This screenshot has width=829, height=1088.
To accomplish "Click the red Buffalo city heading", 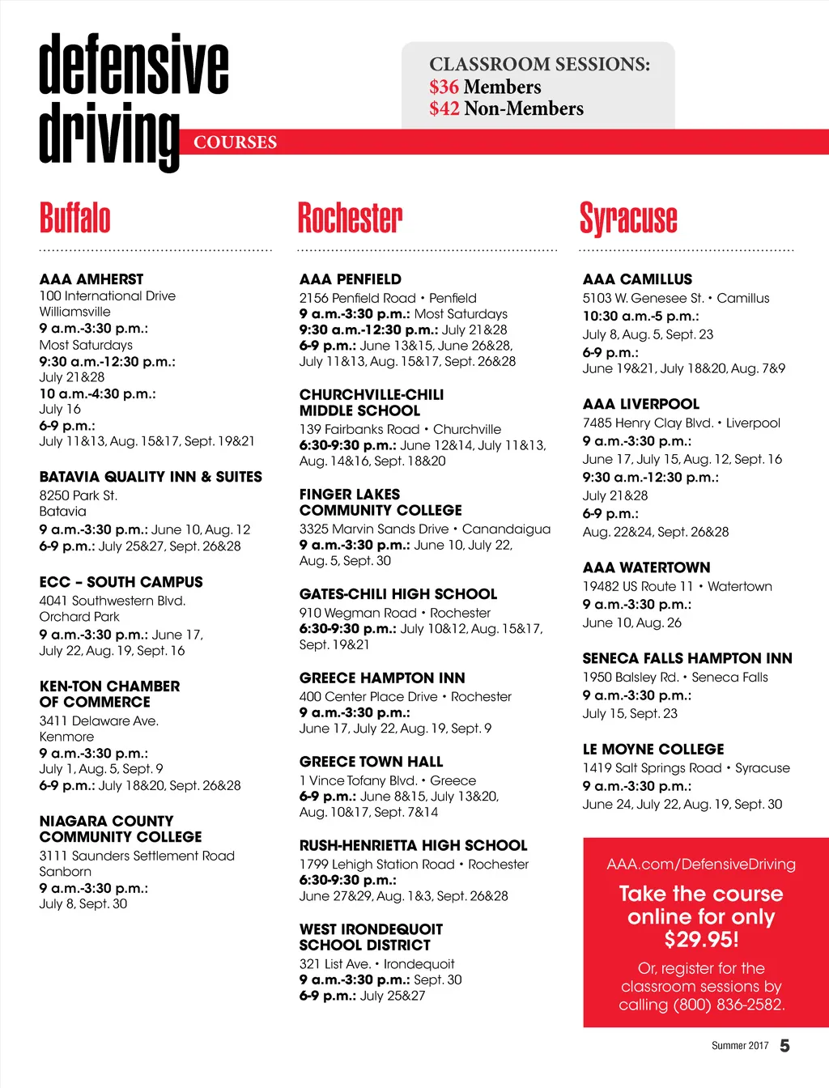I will [x=75, y=218].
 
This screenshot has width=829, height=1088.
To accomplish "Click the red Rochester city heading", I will [x=350, y=218].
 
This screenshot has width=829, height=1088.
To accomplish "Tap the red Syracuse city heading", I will [x=628, y=218].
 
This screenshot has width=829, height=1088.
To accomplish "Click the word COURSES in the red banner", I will [x=235, y=142].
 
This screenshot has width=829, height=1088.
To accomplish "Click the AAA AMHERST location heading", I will [x=91, y=279].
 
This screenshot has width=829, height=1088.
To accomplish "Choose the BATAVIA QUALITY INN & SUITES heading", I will [x=151, y=477].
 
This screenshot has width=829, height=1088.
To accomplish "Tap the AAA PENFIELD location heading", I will [x=351, y=279].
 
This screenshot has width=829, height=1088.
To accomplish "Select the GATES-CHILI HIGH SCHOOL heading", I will [x=398, y=594].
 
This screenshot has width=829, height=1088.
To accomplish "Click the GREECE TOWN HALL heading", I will [x=372, y=762].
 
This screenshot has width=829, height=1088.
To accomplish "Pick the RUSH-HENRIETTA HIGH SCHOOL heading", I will [x=414, y=845].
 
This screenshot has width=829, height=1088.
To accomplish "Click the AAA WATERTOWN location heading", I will [x=647, y=567].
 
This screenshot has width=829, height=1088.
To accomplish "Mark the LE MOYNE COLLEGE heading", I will [x=653, y=750].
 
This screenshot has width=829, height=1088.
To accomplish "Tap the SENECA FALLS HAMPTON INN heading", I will [x=687, y=658].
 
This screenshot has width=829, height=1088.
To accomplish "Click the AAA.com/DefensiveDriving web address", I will [x=701, y=865].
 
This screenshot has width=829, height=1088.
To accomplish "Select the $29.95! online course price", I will [x=701, y=939].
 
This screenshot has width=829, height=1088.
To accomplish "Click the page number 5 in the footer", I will [x=784, y=1046].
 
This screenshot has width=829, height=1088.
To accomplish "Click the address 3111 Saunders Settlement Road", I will [x=137, y=856].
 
